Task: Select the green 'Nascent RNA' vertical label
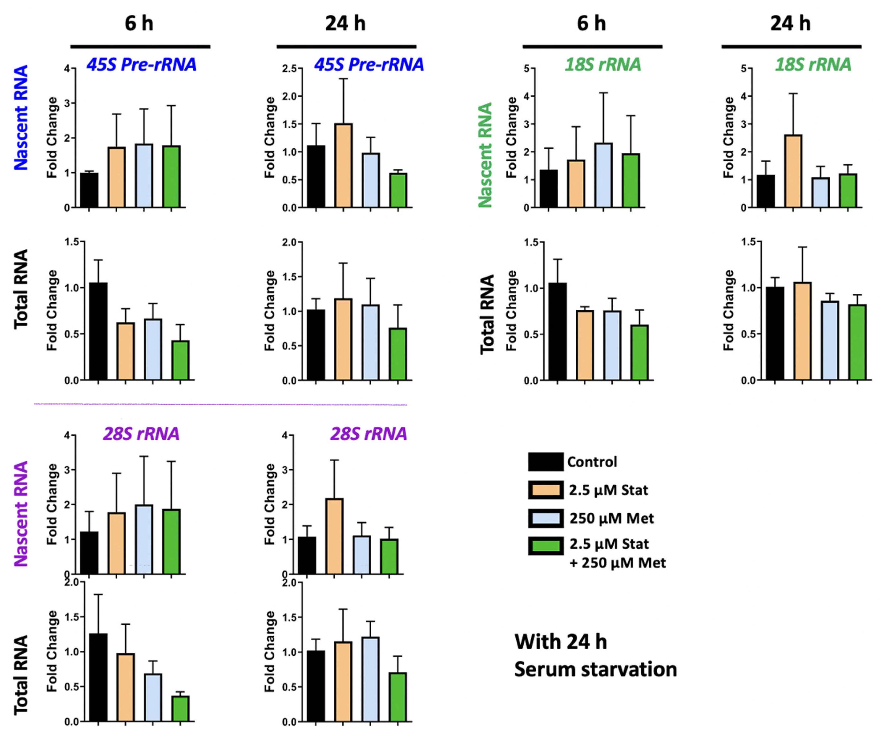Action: point(485,155)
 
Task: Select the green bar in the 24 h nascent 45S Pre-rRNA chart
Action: point(398,191)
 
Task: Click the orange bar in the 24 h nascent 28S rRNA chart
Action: point(334,536)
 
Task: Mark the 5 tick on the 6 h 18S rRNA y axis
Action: point(526,68)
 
